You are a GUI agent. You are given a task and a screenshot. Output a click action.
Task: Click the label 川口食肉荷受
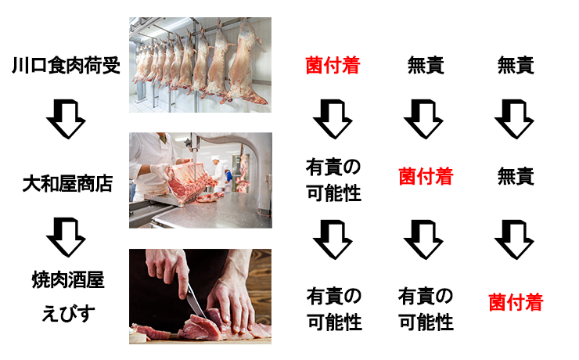[x=66, y=66]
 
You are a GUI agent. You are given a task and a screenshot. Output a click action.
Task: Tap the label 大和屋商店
[x=67, y=183]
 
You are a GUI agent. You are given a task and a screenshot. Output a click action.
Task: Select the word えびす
[x=68, y=313]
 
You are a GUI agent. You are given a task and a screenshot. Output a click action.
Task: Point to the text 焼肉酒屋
[x=68, y=279]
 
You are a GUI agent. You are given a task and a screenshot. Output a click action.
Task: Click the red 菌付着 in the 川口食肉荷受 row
[x=333, y=66]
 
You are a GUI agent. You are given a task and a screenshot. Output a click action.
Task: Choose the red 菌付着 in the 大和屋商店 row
[x=426, y=176]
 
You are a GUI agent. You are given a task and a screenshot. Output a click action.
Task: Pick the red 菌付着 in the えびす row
[x=516, y=302]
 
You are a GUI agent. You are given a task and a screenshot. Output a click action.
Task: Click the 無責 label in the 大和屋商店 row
[x=516, y=176]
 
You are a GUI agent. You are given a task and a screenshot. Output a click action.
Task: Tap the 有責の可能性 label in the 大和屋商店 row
[x=333, y=180]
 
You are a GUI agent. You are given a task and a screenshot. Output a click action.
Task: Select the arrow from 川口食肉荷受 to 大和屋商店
[x=66, y=119]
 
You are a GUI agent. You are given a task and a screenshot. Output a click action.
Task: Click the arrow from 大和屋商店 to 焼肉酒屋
[x=66, y=237]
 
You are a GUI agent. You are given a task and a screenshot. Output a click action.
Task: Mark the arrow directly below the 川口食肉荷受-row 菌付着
[x=333, y=119]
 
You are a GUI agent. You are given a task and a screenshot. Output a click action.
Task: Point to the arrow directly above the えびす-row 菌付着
[x=514, y=239]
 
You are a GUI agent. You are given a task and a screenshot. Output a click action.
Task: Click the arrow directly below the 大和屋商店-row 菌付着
[x=423, y=239]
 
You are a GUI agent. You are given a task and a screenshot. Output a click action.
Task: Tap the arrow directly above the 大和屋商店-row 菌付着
[x=423, y=119]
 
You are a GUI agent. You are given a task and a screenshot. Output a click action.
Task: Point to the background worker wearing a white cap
[x=218, y=175]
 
